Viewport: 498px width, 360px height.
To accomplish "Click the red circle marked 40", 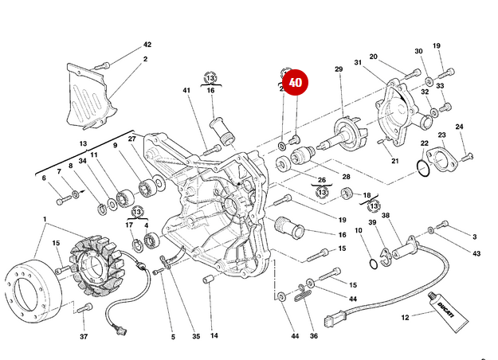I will click(x=296, y=81).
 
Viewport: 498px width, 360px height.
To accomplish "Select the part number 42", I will click(x=147, y=45).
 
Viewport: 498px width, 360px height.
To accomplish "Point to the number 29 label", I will click(x=338, y=70).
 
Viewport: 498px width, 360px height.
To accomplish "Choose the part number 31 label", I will click(x=359, y=63).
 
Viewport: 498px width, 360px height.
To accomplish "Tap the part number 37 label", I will click(x=83, y=337).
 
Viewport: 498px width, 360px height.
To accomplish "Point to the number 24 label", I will click(x=459, y=127).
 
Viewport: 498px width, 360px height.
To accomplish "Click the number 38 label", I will click(x=386, y=216).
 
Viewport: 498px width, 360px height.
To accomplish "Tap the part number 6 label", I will click(x=44, y=178).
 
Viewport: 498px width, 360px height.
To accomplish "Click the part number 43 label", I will click(x=476, y=254).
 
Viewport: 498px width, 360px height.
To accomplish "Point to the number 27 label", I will click(x=132, y=139).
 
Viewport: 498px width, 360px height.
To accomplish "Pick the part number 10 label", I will click(x=358, y=231).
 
